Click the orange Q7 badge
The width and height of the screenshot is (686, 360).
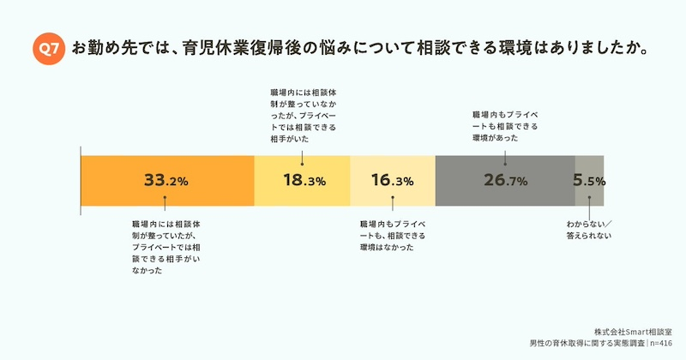pos(49,49)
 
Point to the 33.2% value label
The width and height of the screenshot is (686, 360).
pos(166,181)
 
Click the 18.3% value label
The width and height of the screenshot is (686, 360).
pos(304,181)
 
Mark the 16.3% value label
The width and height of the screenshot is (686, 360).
pos(393,181)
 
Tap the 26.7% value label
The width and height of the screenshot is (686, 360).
pos(505,181)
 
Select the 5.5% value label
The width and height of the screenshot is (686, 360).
pos(589,181)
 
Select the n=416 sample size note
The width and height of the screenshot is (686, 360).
pos(665,343)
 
